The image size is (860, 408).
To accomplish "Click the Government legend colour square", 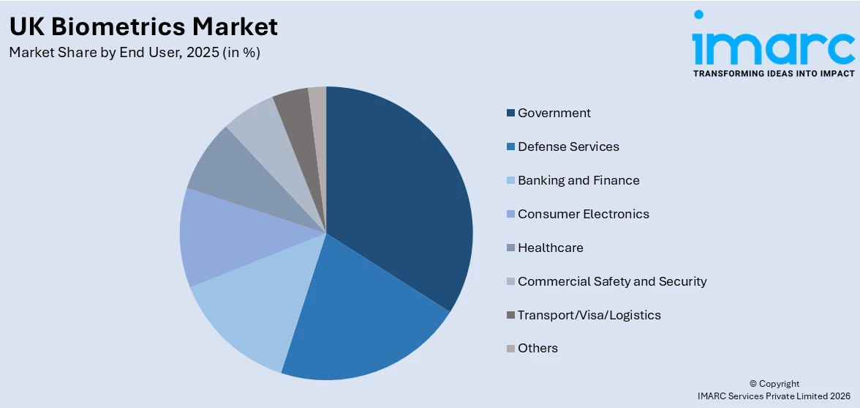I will pos(510,114).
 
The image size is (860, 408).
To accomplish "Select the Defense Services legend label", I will pos(568,146).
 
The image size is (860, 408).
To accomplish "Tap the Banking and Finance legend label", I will pos(578,180).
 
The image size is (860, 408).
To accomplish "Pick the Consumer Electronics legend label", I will pos(583,214).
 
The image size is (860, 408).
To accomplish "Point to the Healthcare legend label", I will pos(550,248).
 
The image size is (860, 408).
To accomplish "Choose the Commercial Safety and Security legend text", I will pos(612,281).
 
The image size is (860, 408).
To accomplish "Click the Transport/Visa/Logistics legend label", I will pos(589,315).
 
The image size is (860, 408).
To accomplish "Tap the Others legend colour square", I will pos(510,349).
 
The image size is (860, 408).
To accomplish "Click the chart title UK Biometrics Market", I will pos(143,26).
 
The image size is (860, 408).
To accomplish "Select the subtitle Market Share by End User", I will pos(135,53).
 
